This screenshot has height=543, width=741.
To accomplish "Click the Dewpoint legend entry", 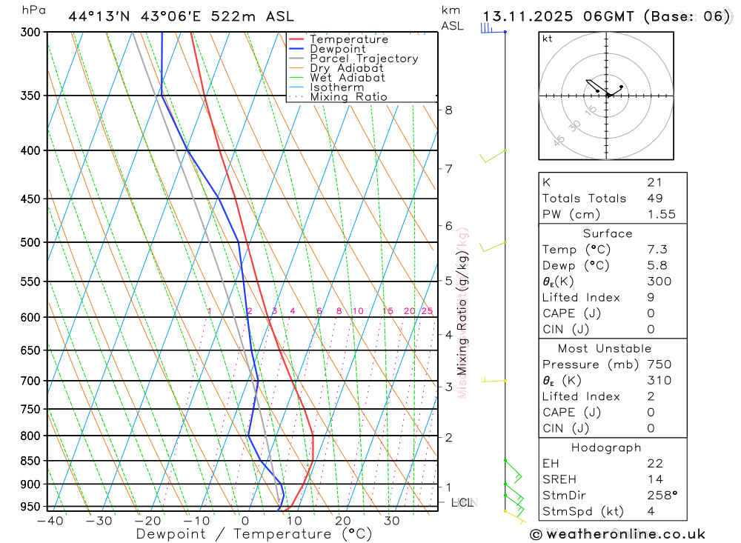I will click(x=337, y=49).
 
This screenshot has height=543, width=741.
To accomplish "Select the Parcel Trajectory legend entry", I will click(x=363, y=59).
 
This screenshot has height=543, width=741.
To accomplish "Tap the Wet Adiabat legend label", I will click(x=347, y=78).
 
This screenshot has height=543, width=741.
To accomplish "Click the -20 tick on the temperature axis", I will click(x=147, y=521).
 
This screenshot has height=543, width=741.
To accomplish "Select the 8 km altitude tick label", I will click(x=448, y=110).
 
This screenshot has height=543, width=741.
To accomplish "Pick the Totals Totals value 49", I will click(x=655, y=199).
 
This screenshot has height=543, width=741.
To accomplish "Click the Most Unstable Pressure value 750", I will click(x=659, y=364).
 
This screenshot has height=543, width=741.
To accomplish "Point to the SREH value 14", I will click(x=654, y=479).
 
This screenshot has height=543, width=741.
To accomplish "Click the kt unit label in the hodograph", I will click(x=548, y=39).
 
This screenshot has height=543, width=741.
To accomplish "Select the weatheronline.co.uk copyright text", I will click(x=617, y=534).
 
